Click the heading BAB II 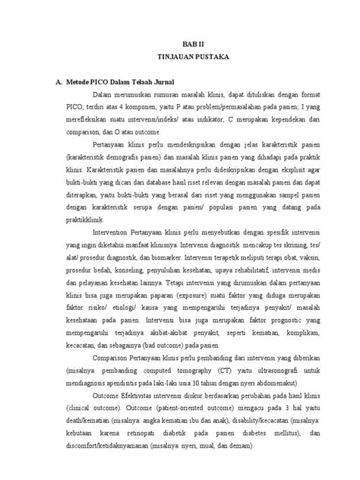(197, 44)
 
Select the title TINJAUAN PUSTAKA (197, 57)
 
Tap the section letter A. (49, 82)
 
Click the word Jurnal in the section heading (163, 82)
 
